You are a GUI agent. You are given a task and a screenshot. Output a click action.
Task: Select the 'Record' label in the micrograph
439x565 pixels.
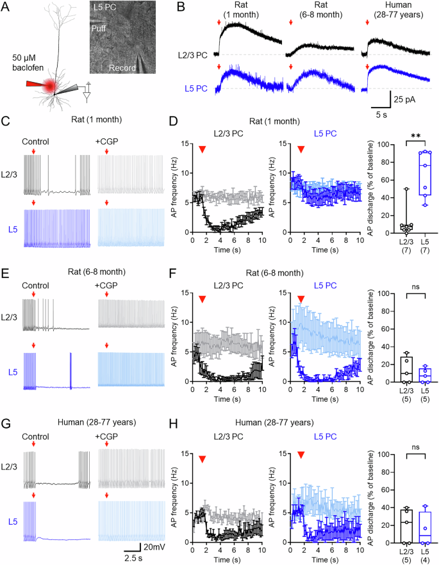tap(121, 67)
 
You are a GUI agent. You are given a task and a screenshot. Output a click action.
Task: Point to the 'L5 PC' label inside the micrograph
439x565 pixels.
tap(104, 9)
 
